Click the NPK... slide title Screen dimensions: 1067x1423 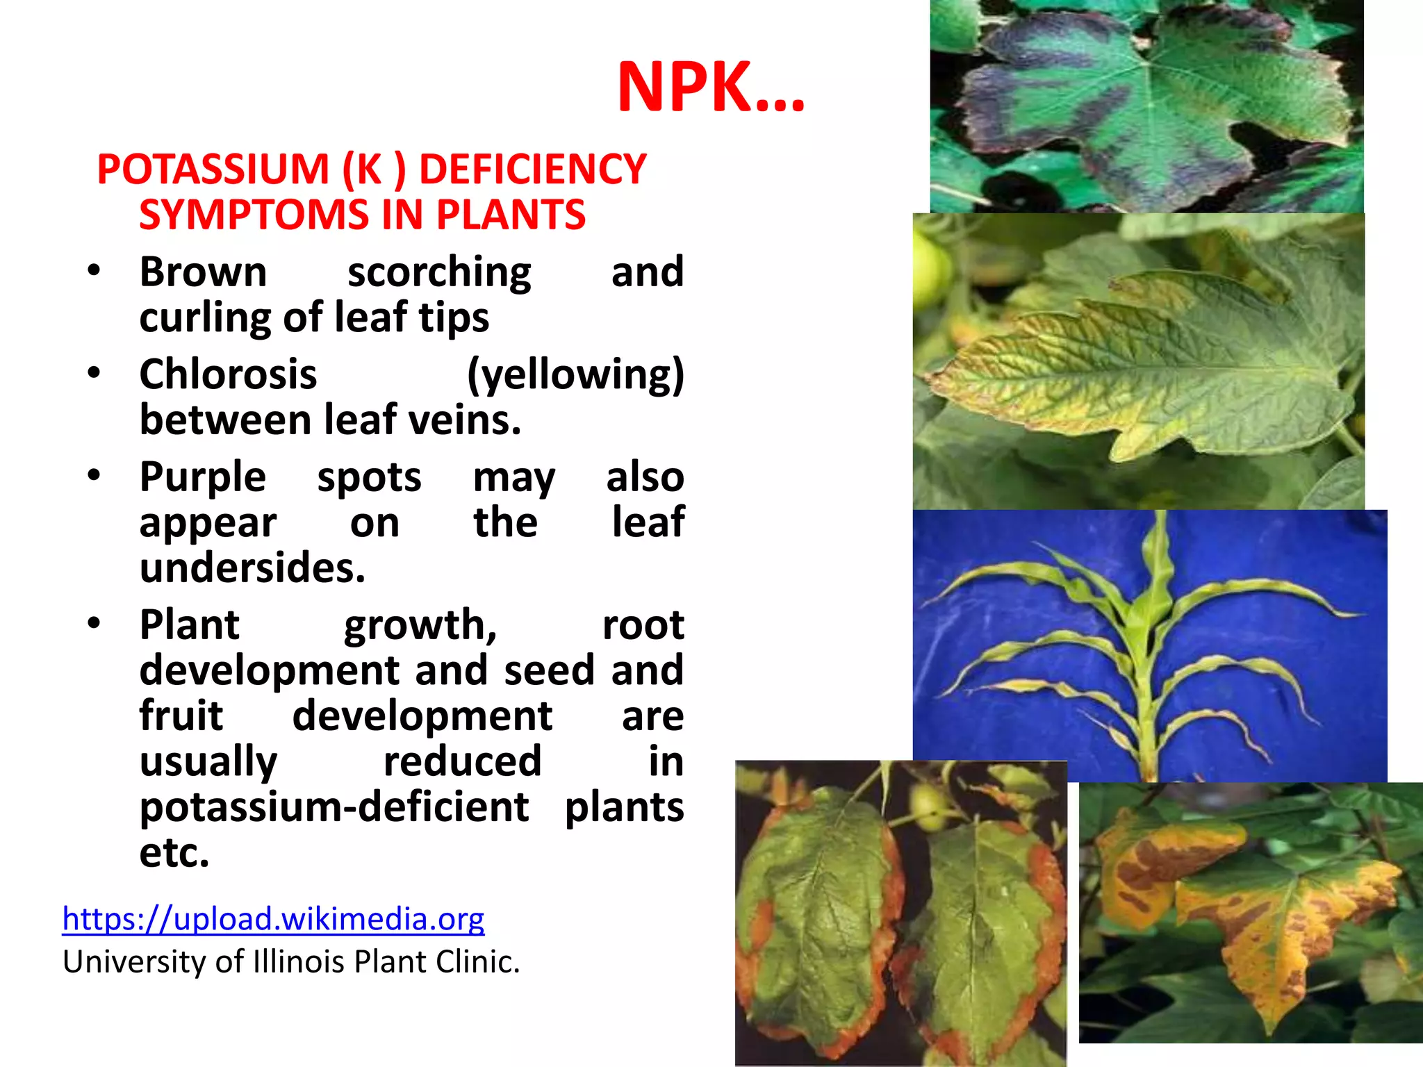tap(711, 88)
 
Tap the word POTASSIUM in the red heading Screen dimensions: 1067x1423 tap(213, 169)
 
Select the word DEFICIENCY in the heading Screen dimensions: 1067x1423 tap(532, 169)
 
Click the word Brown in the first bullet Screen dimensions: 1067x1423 tap(203, 272)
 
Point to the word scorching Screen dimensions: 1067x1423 tap(439, 272)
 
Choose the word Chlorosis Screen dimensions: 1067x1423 tap(228, 374)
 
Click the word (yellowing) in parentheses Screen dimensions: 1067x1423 tap(575, 375)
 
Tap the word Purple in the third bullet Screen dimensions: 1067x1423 tap(202, 477)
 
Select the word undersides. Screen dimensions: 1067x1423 tap(252, 568)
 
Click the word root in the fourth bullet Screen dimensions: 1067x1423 tap(643, 625)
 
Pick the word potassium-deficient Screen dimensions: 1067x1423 tap(334, 807)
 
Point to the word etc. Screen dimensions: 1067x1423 tap(174, 853)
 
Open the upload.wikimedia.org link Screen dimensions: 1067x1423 tap(273, 918)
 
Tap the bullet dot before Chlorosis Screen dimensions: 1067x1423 tap(94, 373)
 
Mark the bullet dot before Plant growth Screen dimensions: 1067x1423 tap(94, 623)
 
